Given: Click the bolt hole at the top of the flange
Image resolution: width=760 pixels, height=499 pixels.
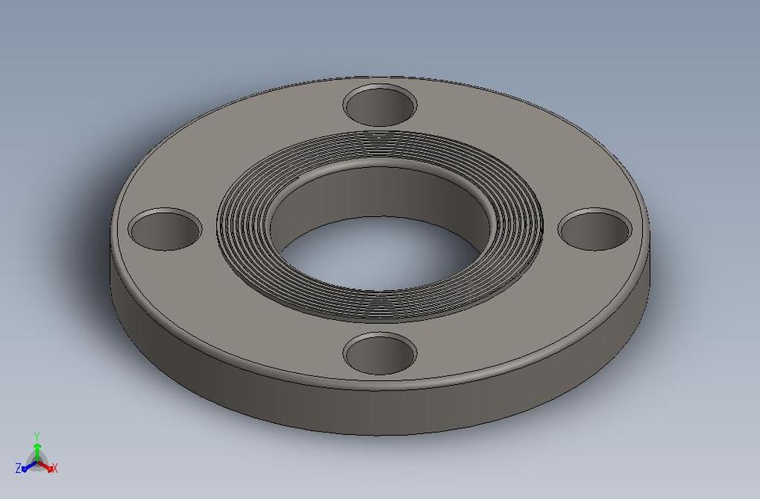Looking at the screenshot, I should click(381, 106).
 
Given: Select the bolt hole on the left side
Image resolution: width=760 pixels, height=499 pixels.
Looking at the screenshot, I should click(165, 230).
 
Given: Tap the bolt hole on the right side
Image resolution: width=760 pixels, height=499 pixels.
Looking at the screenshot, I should click(595, 228).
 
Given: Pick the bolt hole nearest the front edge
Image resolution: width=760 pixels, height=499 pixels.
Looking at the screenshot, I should click(381, 353).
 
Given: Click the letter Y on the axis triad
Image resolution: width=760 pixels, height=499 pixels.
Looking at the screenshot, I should click(37, 436).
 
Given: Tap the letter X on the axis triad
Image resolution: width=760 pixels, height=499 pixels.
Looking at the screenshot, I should click(55, 468).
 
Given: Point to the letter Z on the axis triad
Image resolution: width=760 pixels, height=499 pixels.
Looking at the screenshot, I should click(18, 468).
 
